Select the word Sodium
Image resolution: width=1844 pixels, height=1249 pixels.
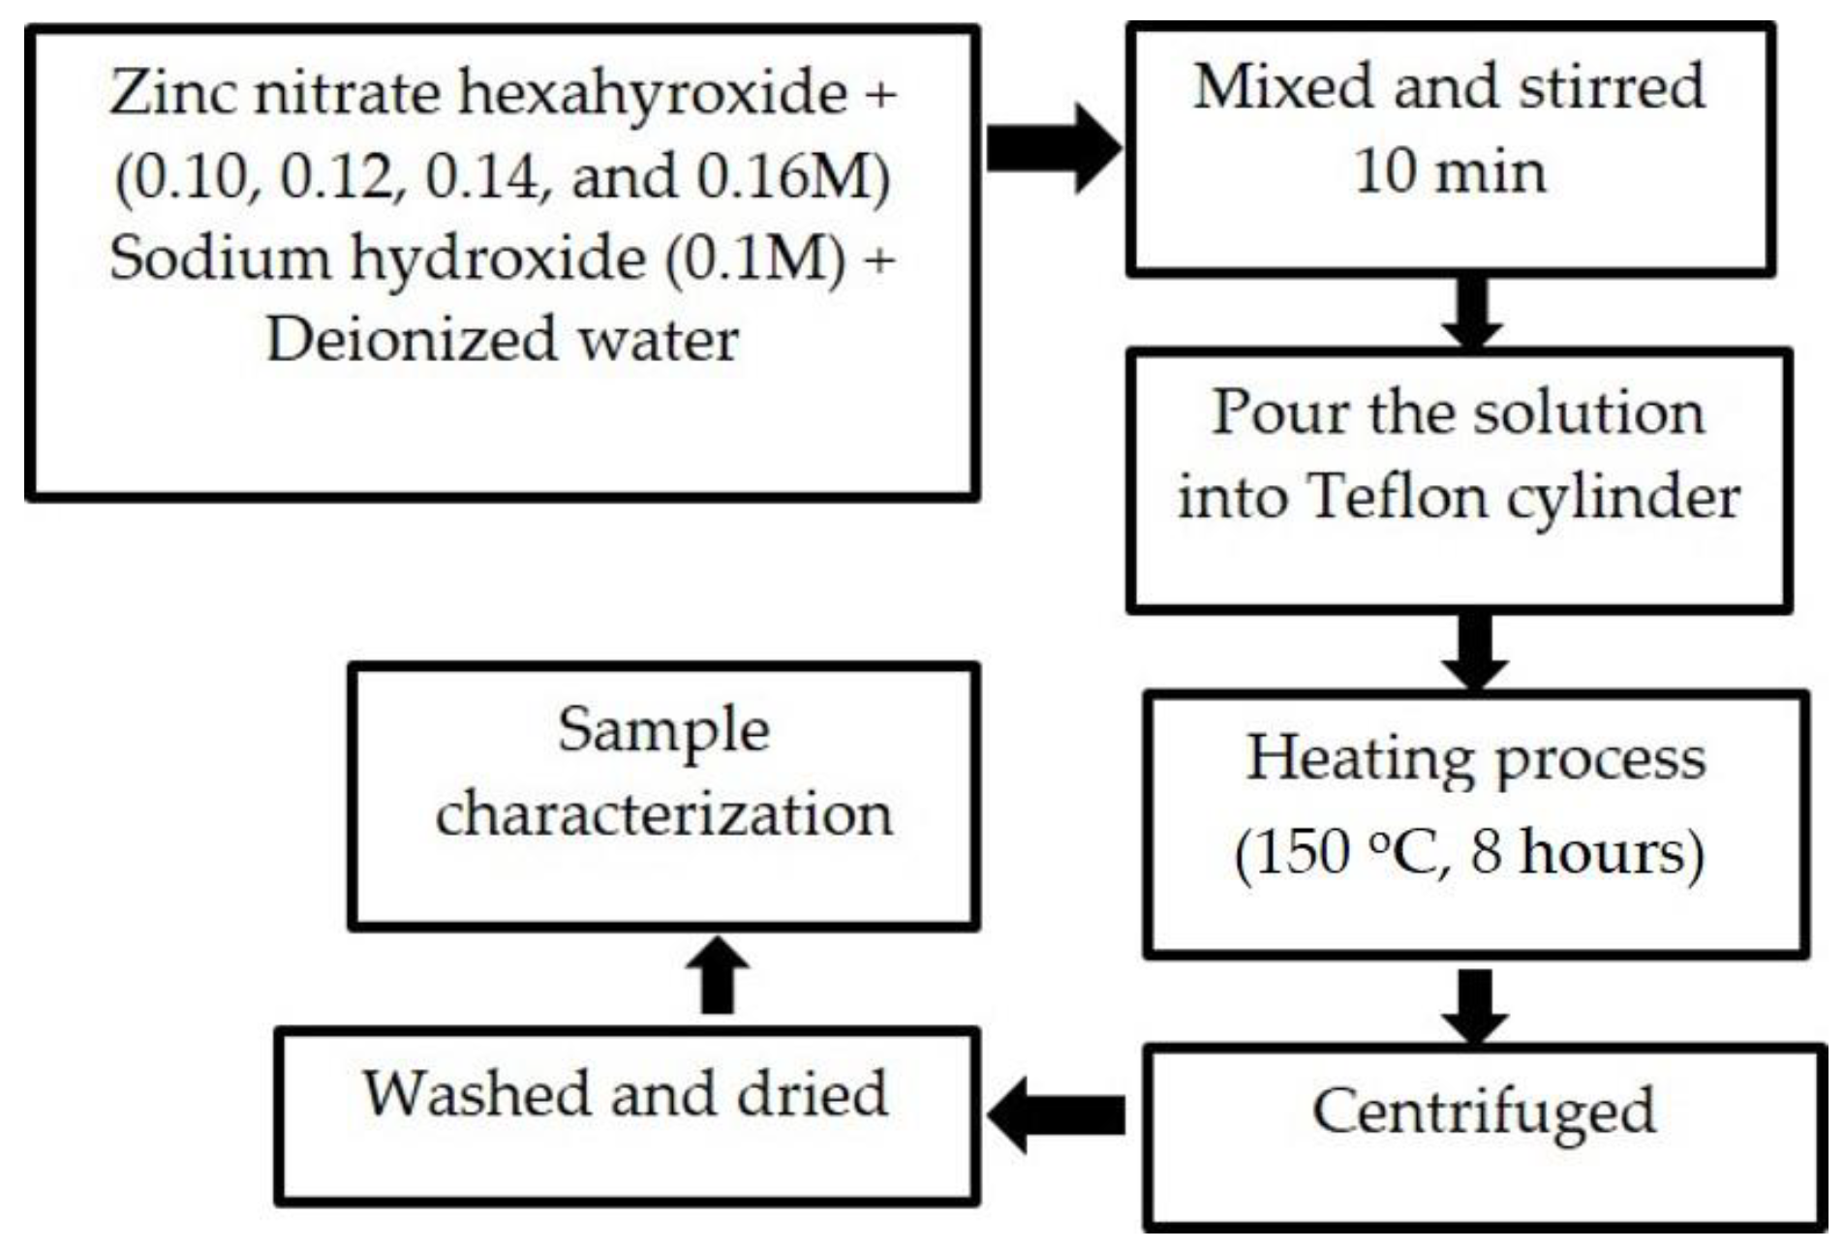pyautogui.click(x=219, y=259)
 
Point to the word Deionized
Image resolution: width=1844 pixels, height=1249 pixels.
pyautogui.click(x=412, y=340)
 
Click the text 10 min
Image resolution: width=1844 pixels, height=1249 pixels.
pyautogui.click(x=1449, y=172)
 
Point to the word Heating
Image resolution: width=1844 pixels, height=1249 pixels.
pyautogui.click(x=1360, y=757)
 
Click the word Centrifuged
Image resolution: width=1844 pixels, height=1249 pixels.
pyautogui.click(x=1483, y=1112)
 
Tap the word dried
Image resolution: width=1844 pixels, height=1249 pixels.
pyautogui.click(x=812, y=1093)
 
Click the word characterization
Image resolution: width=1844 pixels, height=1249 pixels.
pyautogui.click(x=663, y=814)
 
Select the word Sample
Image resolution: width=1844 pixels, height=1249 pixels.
pyautogui.click(x=663, y=731)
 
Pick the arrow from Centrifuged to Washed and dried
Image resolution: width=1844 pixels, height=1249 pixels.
pyautogui.click(x=1058, y=1114)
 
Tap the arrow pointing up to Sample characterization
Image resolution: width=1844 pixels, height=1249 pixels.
pyautogui.click(x=718, y=974)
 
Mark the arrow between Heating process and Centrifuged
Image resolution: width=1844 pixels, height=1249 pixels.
pyautogui.click(x=1475, y=1004)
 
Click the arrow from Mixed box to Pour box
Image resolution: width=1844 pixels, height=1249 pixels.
pyautogui.click(x=1471, y=312)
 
